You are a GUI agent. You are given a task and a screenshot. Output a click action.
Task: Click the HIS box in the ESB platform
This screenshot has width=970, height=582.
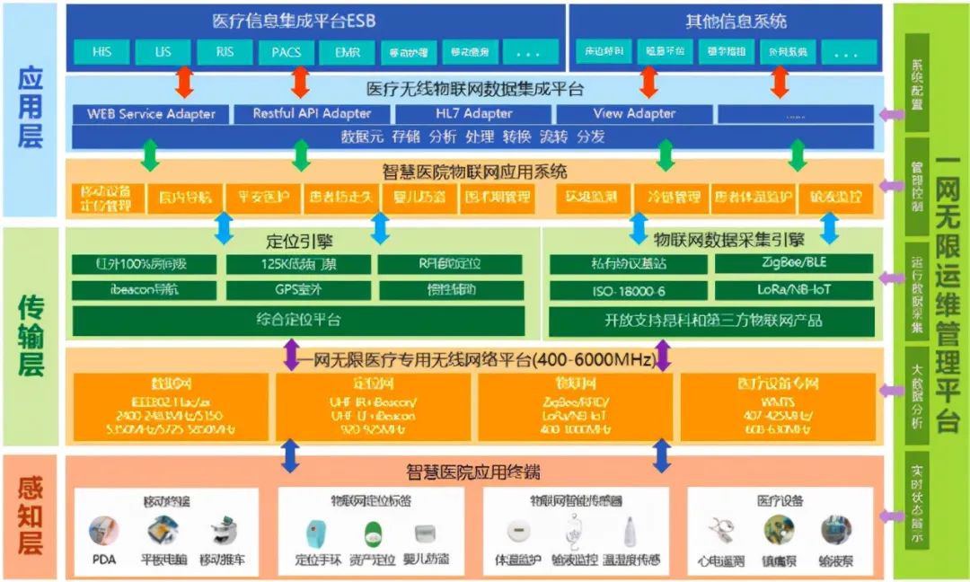click(x=101, y=52)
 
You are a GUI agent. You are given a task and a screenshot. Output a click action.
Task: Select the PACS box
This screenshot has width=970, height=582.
click(x=287, y=52)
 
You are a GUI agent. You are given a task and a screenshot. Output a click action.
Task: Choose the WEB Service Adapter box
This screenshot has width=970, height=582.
click(x=151, y=114)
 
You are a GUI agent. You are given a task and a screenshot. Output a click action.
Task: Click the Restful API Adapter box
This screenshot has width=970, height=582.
click(x=312, y=114)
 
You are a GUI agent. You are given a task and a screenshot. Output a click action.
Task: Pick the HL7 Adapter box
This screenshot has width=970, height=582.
click(x=474, y=114)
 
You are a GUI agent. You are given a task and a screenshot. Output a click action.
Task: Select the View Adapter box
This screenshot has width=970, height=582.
click(x=634, y=114)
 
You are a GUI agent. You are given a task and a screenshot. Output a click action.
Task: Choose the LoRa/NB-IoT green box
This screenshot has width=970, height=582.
click(x=793, y=291)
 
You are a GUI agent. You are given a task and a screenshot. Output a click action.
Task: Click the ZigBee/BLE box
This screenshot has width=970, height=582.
click(x=793, y=264)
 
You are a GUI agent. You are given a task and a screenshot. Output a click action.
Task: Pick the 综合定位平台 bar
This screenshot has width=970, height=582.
click(x=301, y=320)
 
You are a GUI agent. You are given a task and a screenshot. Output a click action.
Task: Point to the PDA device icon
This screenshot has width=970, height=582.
click(x=104, y=531)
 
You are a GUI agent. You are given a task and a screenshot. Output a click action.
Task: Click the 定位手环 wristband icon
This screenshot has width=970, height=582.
click(x=315, y=532)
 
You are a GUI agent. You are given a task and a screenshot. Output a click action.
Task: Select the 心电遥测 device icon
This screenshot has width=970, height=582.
click(x=721, y=531)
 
